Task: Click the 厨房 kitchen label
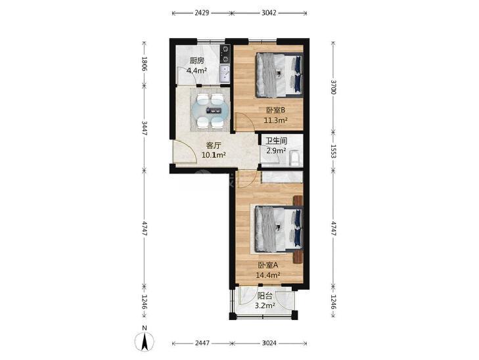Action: point(196,60)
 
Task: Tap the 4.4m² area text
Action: point(196,71)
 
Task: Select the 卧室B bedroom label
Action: point(275,110)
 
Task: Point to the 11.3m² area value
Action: point(275,120)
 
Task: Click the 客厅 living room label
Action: point(214,145)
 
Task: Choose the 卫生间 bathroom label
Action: point(276,141)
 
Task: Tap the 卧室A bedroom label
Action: point(268,265)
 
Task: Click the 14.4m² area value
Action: point(268,275)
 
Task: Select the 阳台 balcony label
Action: point(265,296)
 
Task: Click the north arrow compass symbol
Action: point(145,340)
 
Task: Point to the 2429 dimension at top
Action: point(202,13)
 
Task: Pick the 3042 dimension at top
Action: point(269,13)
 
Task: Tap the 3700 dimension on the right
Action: point(334,87)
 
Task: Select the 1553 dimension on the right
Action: point(334,152)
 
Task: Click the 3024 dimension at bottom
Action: point(269,343)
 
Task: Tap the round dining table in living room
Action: point(210,110)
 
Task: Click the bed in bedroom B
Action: point(279,75)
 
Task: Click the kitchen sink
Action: point(225,74)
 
